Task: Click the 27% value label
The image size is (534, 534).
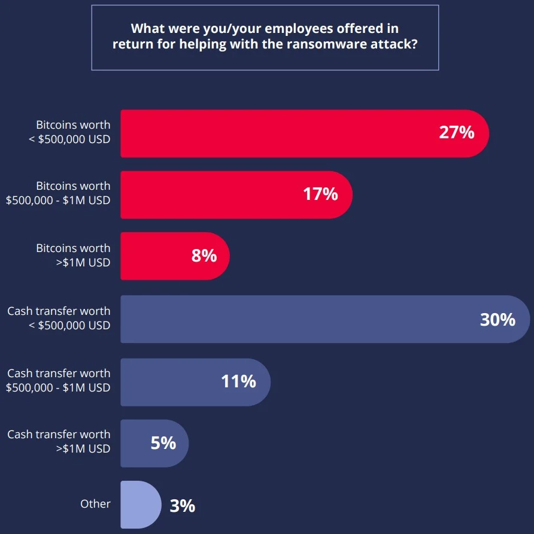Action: [x=456, y=132]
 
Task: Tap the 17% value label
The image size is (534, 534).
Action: [x=320, y=194]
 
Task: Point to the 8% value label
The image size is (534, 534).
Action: [x=204, y=256]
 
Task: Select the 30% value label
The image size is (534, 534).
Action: [x=497, y=319]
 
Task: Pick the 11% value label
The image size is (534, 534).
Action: [x=238, y=381]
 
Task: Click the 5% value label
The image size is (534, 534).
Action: [x=163, y=443]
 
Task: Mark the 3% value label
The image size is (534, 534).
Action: [x=183, y=506]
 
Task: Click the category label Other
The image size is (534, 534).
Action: [x=95, y=504]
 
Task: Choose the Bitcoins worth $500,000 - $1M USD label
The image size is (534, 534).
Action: [x=58, y=193]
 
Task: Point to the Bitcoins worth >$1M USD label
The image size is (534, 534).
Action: [x=73, y=255]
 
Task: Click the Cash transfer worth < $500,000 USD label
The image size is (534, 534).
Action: [x=59, y=318]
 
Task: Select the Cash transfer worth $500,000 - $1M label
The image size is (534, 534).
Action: [x=58, y=381]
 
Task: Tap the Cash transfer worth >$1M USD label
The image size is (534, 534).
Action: [x=59, y=442]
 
